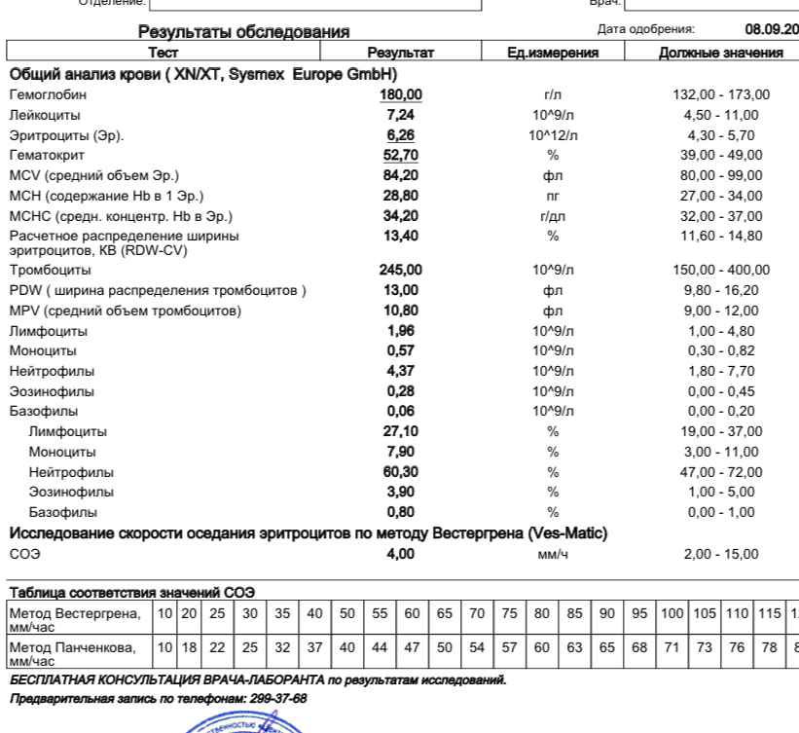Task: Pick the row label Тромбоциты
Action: point(50,270)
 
